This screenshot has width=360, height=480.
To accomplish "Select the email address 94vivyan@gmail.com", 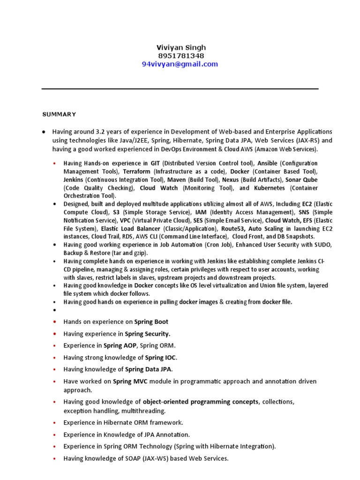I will (180, 64).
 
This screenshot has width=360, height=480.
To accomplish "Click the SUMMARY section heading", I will (59, 114).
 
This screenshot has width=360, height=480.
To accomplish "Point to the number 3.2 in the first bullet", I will (101, 131).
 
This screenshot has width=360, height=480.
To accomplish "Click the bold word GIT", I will (155, 163).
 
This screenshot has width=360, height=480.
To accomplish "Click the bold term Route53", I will (234, 228).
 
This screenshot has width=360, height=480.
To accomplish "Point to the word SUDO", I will (322, 245).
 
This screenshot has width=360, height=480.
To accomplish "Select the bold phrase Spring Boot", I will (151, 322).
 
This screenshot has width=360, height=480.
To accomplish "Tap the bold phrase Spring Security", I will (147, 334).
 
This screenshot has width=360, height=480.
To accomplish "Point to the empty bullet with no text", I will (55, 310).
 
